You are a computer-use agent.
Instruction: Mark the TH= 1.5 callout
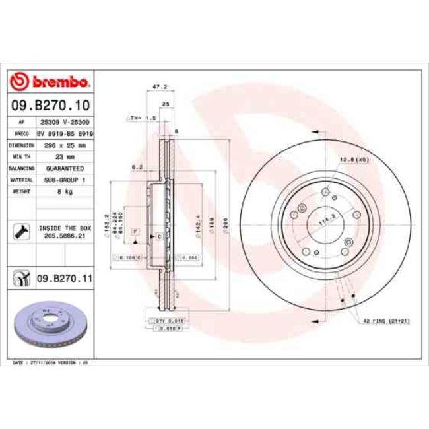(141, 117)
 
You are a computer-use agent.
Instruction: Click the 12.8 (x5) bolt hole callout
(354, 160)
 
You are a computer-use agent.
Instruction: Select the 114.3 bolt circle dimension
(325, 222)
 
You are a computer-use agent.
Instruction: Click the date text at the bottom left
(51, 364)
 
